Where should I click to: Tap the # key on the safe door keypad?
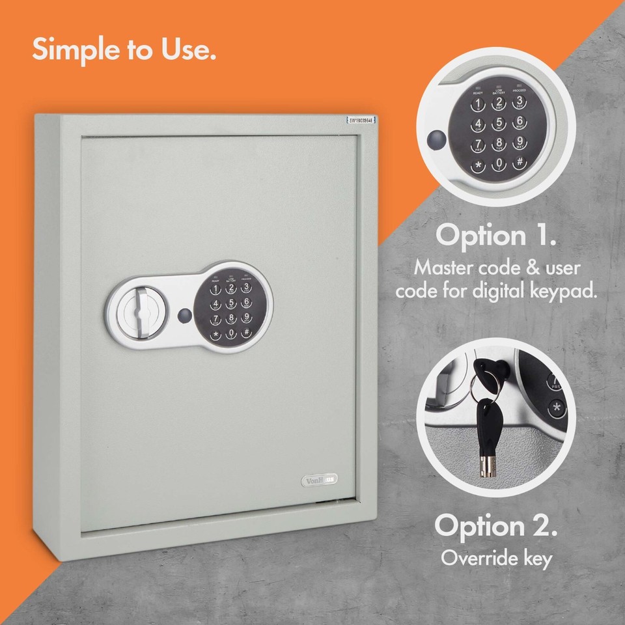tap(246, 334)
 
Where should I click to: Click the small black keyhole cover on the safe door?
tap(184, 315)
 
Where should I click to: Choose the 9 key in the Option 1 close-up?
tap(519, 142)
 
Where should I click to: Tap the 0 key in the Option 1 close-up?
tap(498, 163)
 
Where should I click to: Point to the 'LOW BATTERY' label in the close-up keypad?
tap(498, 92)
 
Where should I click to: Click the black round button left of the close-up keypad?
tap(436, 139)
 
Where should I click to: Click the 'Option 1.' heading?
tap(495, 235)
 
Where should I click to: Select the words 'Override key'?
tap(496, 558)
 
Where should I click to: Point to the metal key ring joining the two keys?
tap(492, 389)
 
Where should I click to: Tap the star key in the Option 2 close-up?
tap(555, 409)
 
